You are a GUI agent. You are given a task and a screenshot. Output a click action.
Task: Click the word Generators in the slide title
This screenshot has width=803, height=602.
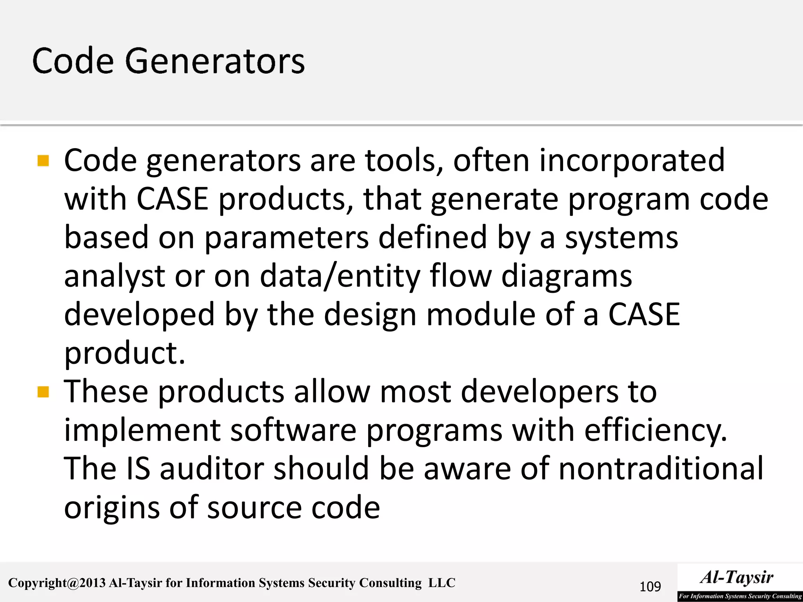click(x=214, y=62)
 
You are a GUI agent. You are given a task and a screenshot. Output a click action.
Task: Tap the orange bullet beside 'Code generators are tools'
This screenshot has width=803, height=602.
click(x=43, y=161)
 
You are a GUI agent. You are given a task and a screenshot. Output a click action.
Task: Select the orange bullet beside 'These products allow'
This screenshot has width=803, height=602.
click(x=43, y=392)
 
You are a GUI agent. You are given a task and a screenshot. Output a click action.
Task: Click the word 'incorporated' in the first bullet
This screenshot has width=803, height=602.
click(x=632, y=160)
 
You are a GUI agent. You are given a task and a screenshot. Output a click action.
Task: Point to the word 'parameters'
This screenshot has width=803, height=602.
click(x=286, y=238)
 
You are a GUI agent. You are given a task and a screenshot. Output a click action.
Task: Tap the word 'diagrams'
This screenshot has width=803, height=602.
click(x=567, y=276)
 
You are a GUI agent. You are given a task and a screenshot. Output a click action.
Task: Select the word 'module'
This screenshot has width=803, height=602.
click(x=480, y=315)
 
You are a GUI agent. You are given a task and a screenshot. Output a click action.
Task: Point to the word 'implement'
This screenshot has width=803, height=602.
click(x=142, y=430)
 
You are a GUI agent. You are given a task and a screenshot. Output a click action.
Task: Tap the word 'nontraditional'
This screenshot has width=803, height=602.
click(x=661, y=468)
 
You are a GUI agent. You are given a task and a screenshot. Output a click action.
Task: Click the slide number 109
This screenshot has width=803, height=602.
click(x=650, y=587)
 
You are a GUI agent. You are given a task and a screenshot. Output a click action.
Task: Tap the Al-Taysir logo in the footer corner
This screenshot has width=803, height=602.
click(x=739, y=582)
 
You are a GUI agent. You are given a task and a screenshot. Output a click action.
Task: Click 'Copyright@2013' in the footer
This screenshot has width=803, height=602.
click(x=57, y=583)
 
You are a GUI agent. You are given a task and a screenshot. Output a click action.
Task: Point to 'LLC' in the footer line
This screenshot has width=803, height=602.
click(x=441, y=583)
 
